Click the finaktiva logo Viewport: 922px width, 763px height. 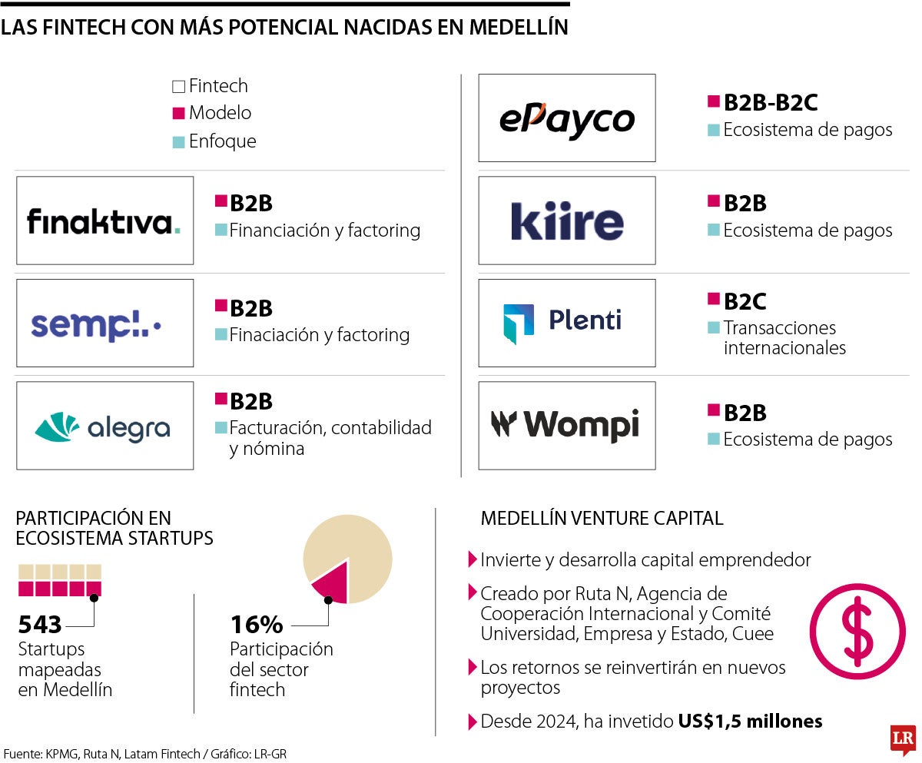(104, 221)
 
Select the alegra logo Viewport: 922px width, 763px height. (103, 426)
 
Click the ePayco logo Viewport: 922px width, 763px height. (567, 118)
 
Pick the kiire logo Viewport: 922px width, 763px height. (567, 221)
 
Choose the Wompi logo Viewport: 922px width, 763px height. (565, 424)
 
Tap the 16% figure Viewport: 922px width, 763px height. (257, 624)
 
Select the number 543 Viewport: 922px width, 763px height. (39, 624)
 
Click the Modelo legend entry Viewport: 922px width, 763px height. (219, 113)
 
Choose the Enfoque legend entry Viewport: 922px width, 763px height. (221, 141)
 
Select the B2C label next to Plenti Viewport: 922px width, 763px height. (745, 302)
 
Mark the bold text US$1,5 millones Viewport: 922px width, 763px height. (750, 722)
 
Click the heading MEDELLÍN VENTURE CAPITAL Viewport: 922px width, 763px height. (602, 519)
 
